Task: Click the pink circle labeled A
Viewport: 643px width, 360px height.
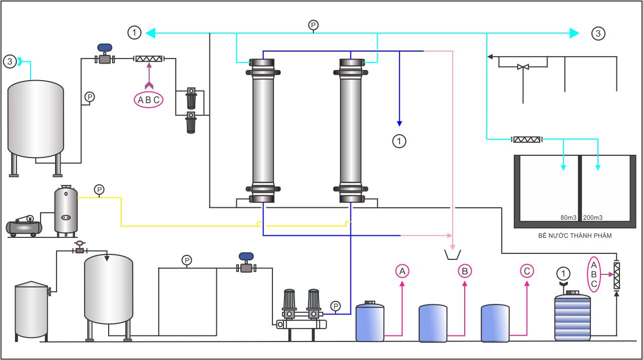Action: [x=403, y=271]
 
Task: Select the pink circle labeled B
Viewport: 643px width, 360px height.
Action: [x=465, y=271]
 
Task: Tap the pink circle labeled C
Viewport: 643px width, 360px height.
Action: [x=527, y=271]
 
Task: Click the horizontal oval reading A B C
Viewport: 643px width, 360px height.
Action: [x=149, y=100]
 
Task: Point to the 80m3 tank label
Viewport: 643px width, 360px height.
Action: [x=568, y=218]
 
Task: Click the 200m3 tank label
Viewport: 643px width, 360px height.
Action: [x=593, y=218]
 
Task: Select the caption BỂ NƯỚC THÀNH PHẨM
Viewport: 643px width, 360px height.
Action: [x=575, y=236]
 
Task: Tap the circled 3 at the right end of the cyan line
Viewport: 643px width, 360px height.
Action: [x=598, y=34]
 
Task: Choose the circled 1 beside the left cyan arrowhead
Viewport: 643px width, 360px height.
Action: [x=134, y=33]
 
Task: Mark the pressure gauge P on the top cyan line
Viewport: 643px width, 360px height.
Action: [x=313, y=25]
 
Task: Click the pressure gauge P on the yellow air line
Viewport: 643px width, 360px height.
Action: [x=99, y=190]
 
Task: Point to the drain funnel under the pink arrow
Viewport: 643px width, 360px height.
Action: [x=453, y=255]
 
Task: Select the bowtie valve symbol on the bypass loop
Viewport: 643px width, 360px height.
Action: [x=523, y=67]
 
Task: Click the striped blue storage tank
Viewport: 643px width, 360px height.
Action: [x=573, y=316]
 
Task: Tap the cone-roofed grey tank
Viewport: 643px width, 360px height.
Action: [x=32, y=310]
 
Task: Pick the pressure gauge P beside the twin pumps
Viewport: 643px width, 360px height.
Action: [x=336, y=306]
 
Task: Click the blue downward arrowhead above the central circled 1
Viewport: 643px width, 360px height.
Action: [x=399, y=124]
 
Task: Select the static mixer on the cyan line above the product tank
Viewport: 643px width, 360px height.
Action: [x=527, y=140]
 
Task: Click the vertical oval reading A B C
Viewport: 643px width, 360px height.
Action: [x=593, y=274]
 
